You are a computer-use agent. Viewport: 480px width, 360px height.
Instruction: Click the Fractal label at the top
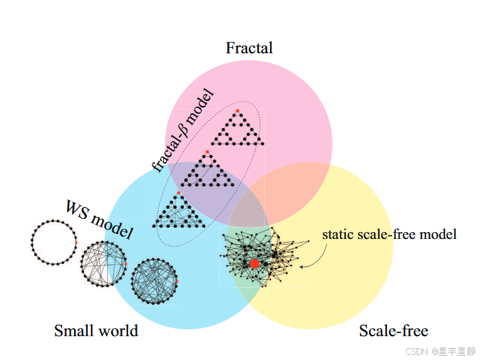point(249,48)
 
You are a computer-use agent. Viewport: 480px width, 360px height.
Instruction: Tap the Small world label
point(96,331)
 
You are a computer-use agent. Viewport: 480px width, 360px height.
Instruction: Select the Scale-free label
point(393,331)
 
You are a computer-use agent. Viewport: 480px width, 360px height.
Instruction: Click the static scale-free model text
point(389,235)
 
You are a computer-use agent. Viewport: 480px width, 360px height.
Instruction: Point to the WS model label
point(100,220)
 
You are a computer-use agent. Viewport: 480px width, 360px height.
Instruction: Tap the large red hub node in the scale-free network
point(255,263)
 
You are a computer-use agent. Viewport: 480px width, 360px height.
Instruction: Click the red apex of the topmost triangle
point(237,111)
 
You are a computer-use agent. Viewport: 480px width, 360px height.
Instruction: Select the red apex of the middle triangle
point(207,152)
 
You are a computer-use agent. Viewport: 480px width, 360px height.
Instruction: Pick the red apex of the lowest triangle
point(178,193)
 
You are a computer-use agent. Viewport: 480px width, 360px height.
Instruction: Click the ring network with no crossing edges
point(53,243)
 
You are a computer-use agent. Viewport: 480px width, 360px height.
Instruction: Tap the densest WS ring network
point(154,281)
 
